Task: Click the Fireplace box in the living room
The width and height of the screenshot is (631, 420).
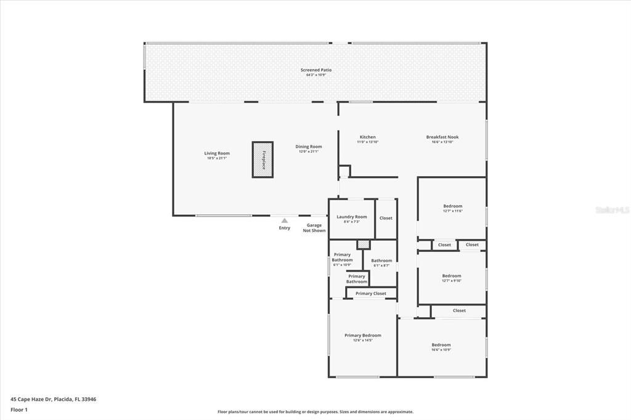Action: click(263, 160)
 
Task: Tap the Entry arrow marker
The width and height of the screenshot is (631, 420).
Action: click(284, 220)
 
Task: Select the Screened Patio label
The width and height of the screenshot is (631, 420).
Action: click(316, 70)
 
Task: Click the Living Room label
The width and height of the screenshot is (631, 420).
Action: click(217, 153)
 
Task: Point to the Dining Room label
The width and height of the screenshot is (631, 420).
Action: click(309, 147)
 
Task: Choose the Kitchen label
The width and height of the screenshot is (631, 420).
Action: click(368, 137)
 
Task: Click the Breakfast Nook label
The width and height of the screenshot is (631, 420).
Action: click(442, 137)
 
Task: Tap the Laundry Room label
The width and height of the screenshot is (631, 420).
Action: click(352, 217)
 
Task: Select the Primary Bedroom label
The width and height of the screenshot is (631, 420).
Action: click(362, 336)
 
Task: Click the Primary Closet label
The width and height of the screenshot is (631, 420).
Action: click(371, 293)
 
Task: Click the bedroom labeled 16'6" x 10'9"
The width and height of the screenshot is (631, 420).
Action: click(441, 345)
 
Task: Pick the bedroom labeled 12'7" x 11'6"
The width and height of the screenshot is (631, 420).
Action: click(452, 206)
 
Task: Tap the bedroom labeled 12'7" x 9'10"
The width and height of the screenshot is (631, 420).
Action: click(452, 276)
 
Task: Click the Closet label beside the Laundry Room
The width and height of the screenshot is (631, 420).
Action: click(386, 218)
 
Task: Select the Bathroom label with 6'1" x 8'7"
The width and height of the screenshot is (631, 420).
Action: click(381, 260)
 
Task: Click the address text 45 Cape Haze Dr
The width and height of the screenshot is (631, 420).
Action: click(53, 399)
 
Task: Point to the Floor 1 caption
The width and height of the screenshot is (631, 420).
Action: click(19, 410)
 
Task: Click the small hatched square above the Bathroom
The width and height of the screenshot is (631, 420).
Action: click(364, 244)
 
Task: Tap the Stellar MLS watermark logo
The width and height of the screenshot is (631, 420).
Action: click(613, 210)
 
